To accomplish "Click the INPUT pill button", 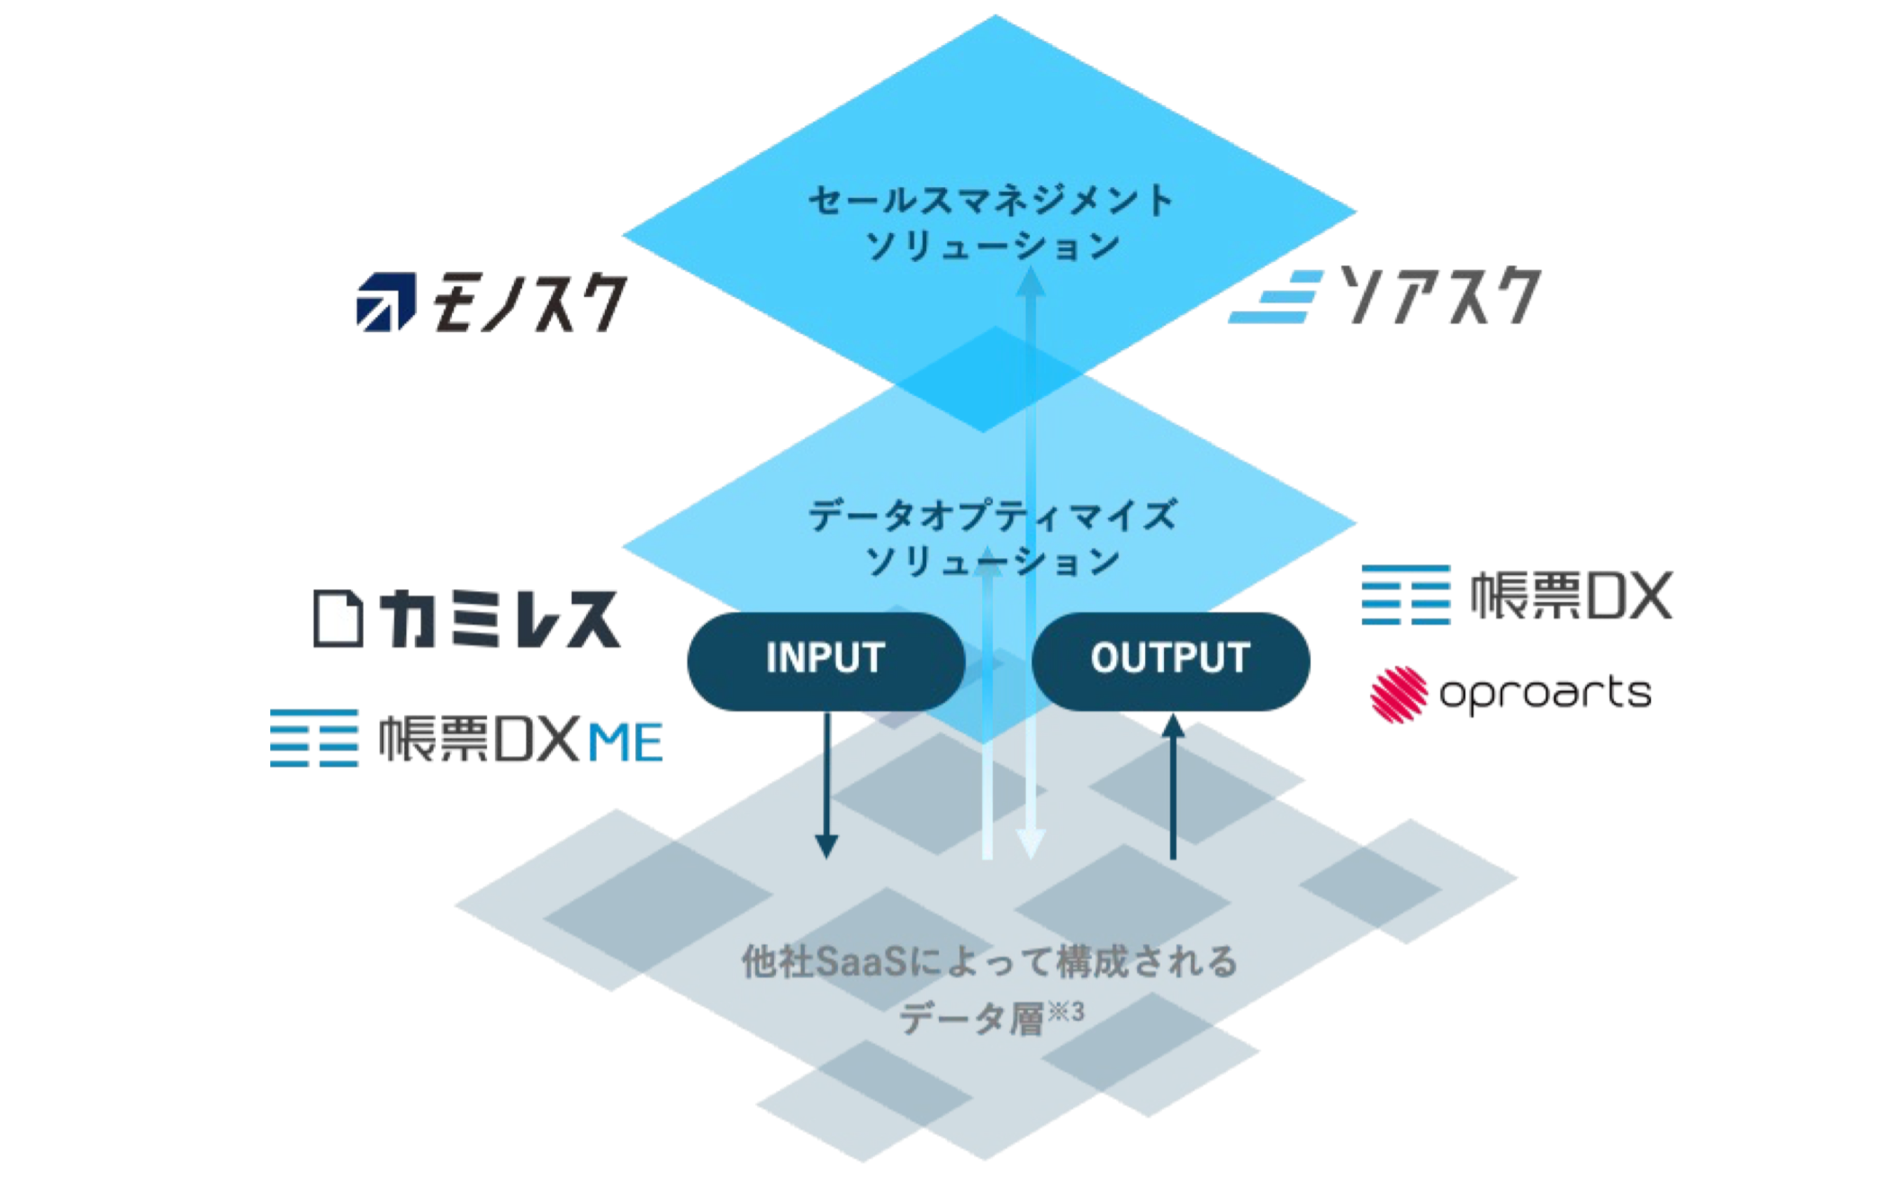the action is pos(825,660).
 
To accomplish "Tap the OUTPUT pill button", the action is pos(1170,660).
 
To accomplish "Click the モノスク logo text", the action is pos(530,303).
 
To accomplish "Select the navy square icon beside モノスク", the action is pos(385,302).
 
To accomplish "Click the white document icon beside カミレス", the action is pos(338,618).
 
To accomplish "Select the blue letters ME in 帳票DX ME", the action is pos(625,743).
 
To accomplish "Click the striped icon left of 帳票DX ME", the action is pos(315,738).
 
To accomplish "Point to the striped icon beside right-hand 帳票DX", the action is pos(1406,595).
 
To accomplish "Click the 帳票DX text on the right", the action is pos(1572,596).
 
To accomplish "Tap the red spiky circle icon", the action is pos(1399,694).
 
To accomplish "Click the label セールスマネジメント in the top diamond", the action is pos(990,200).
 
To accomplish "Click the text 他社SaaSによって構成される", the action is pos(989,962).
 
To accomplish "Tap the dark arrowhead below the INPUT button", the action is pos(825,846).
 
